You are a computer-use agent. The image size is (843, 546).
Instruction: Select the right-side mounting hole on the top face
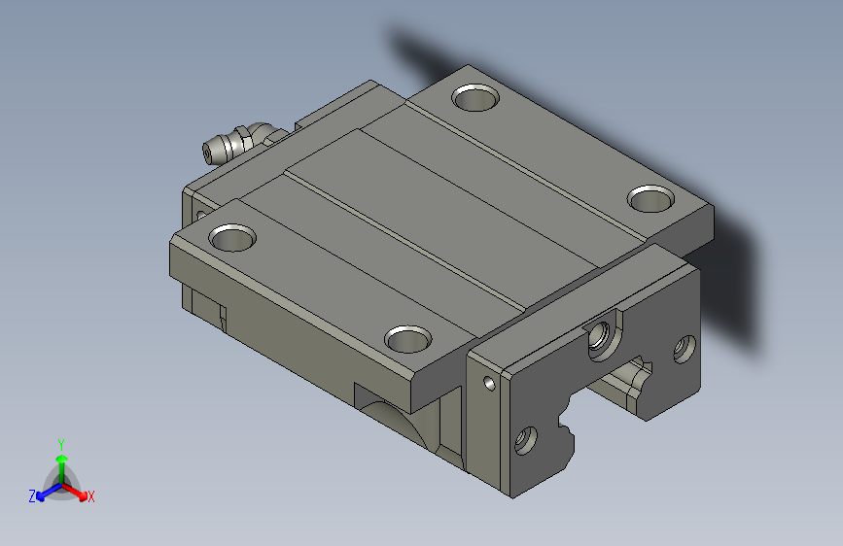pyautogui.click(x=650, y=199)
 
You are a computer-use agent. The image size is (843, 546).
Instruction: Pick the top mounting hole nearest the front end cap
pyautogui.click(x=407, y=339)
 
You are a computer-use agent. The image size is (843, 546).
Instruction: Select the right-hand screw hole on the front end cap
pyautogui.click(x=685, y=348)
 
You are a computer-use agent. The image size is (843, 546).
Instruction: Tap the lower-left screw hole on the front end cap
pyautogui.click(x=526, y=440)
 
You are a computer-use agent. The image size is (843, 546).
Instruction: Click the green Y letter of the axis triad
pyautogui.click(x=61, y=443)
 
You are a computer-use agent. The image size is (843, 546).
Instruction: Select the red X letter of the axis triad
pyautogui.click(x=91, y=497)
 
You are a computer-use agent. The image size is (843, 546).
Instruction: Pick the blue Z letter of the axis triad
pyautogui.click(x=32, y=496)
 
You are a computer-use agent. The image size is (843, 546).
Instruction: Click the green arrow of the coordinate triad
pyautogui.click(x=61, y=461)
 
